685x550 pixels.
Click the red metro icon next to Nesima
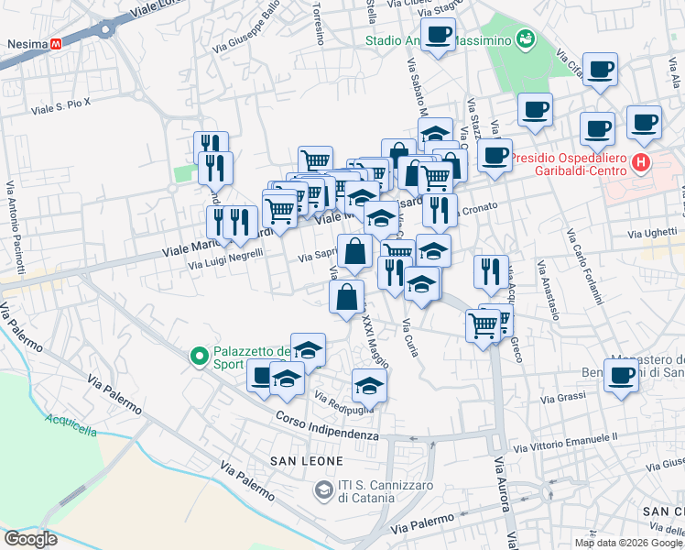pyautogui.click(x=57, y=43)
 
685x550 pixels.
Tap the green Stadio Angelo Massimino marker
pyautogui.click(x=526, y=38)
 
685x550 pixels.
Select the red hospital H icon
pyautogui.click(x=640, y=164)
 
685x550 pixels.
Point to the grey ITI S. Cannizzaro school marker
pyautogui.click(x=322, y=491)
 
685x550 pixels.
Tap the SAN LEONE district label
pyautogui.click(x=306, y=460)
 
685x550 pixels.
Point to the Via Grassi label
pyautogui.click(x=562, y=399)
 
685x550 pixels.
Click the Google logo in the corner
pyautogui.click(x=32, y=539)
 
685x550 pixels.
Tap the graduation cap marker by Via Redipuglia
pyautogui.click(x=369, y=385)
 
